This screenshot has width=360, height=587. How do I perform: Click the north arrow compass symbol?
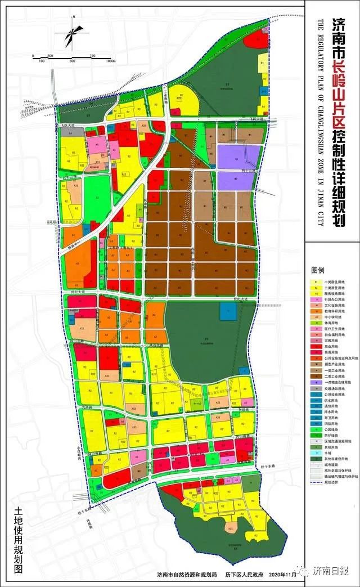[72, 35]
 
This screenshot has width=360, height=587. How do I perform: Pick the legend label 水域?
[328, 452]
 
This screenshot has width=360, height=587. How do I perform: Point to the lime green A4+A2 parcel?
[196, 405]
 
